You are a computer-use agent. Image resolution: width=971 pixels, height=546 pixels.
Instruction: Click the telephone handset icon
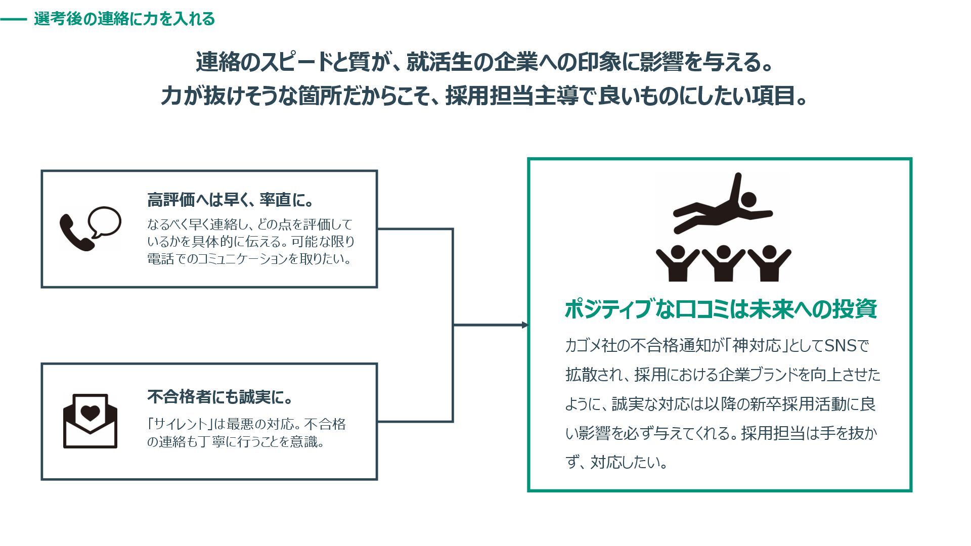[76, 232]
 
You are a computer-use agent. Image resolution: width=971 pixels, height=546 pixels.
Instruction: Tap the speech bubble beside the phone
[105, 221]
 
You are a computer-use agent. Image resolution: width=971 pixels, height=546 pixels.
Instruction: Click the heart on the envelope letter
[91, 413]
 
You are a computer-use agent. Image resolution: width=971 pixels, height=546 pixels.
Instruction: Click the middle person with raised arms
[723, 263]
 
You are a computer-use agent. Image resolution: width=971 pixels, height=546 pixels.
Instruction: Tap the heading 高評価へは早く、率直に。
[231, 200]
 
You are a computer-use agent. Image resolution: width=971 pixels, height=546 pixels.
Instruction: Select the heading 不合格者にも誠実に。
[220, 397]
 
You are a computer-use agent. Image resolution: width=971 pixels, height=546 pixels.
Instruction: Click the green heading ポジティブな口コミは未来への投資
[720, 309]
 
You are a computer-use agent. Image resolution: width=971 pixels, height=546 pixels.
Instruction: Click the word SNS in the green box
[841, 346]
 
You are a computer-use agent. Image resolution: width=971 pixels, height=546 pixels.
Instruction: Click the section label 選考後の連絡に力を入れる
[124, 19]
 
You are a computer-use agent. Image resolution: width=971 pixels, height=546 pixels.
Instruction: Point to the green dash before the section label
[14, 20]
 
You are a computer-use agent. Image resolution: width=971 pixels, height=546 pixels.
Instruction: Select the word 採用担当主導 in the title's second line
[511, 96]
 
